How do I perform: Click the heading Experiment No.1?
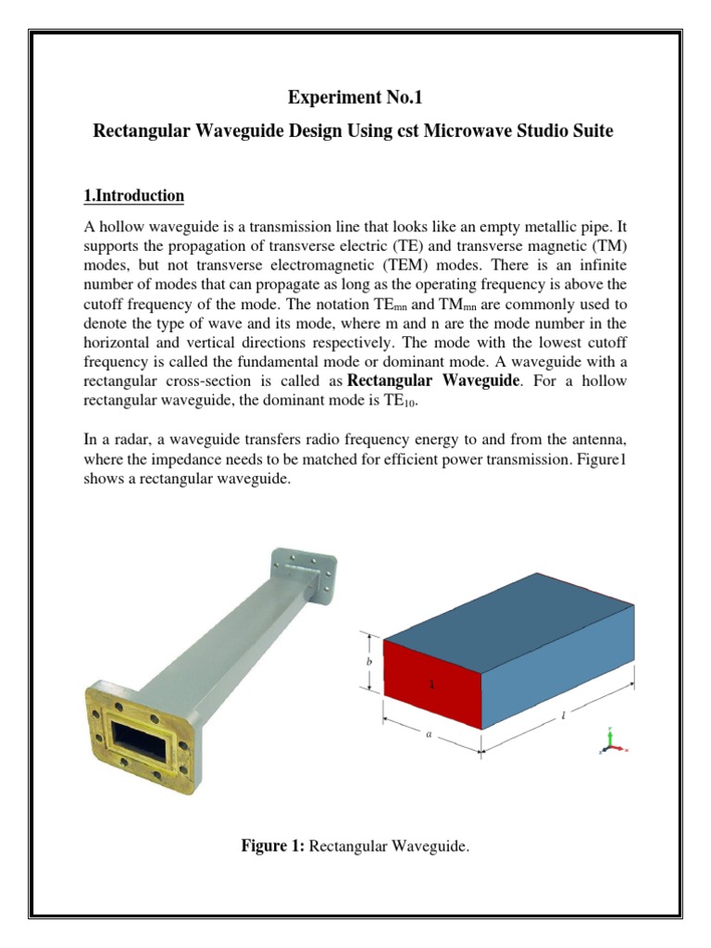click(x=354, y=96)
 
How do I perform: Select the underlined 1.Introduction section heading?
click(x=134, y=196)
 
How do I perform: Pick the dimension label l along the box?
click(x=563, y=716)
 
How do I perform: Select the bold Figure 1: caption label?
click(x=273, y=845)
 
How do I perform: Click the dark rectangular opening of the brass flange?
click(x=141, y=737)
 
